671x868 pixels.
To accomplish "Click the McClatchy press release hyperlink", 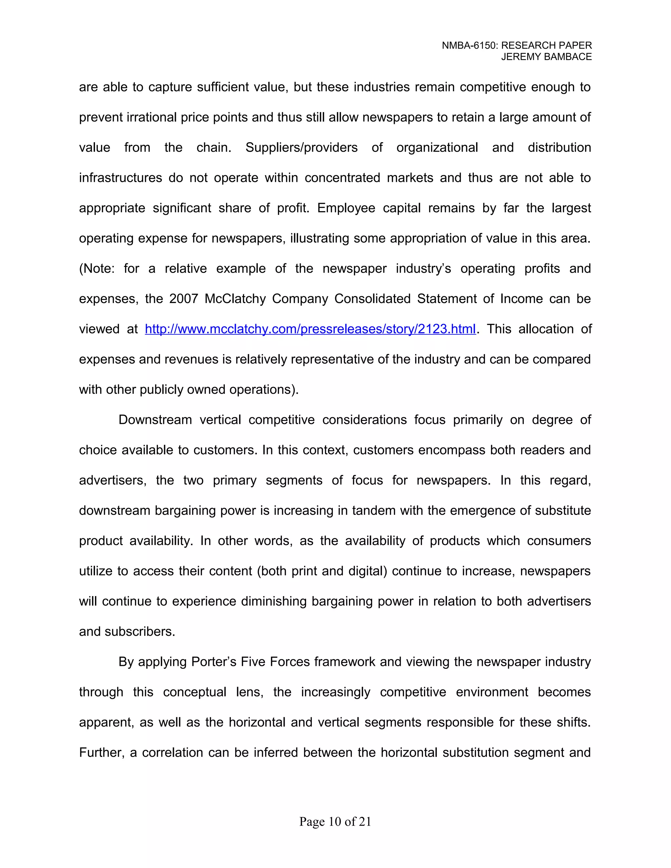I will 310,329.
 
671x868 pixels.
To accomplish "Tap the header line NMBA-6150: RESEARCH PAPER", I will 517,46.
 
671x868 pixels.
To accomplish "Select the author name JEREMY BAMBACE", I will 546,57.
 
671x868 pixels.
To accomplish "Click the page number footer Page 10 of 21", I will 335,821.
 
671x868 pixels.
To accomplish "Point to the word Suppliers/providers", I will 301,147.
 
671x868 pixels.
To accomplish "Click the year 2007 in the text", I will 184,299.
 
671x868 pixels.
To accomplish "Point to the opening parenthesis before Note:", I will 81,269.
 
